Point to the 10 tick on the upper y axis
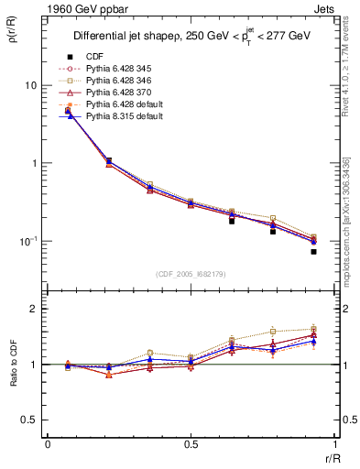pos(30,85)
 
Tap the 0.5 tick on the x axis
pos(191,444)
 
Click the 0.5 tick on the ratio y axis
pos(30,420)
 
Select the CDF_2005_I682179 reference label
pos(191,274)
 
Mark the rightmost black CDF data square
pos(313,251)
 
